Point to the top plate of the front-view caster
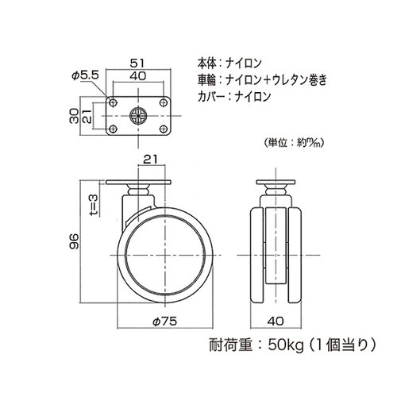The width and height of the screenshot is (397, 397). point(276,181)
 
